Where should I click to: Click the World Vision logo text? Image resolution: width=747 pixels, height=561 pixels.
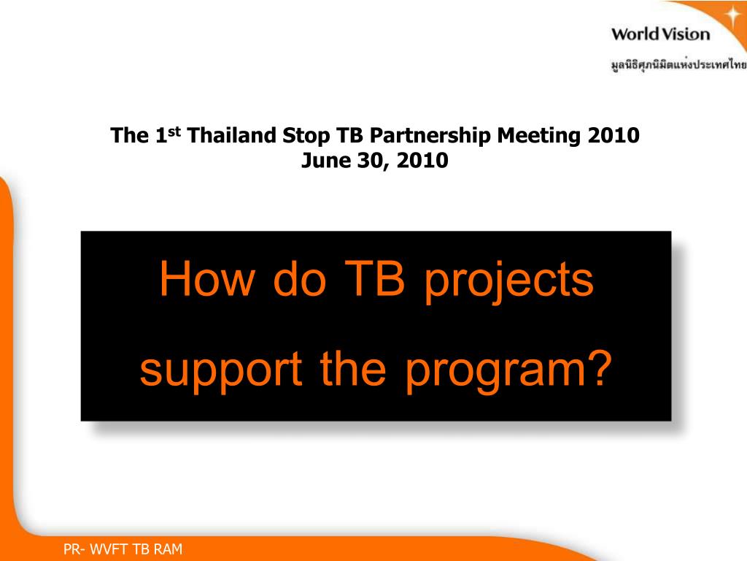click(660, 34)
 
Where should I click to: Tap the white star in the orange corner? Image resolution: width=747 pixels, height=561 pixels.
click(732, 15)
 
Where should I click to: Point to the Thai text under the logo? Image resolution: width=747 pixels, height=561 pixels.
click(679, 64)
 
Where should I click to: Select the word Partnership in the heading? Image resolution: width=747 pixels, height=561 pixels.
click(430, 136)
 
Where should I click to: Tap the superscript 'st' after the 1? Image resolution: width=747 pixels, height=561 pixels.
click(174, 131)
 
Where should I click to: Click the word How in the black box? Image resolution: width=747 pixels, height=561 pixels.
click(206, 278)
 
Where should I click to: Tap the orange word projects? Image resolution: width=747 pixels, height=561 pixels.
click(508, 281)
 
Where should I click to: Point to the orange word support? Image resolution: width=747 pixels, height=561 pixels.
click(221, 372)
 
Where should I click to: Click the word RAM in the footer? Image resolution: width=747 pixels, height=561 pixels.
click(167, 549)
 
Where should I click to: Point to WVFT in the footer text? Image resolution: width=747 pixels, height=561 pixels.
click(109, 549)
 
